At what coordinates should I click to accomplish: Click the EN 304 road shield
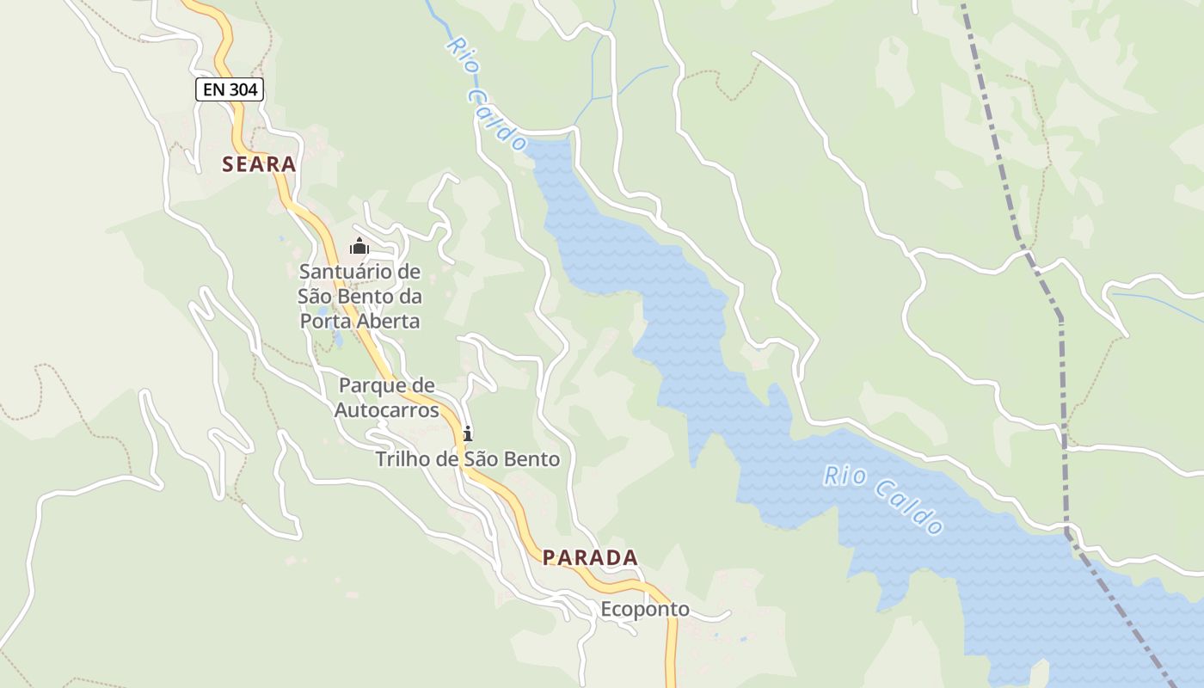point(229,89)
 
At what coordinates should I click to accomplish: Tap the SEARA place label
point(259,164)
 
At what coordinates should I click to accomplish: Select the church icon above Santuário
point(359,247)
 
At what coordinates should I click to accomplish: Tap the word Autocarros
point(386,410)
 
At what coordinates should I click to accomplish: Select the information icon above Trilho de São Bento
point(467,433)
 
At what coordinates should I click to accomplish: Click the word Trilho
point(402,459)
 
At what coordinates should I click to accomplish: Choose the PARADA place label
point(590,557)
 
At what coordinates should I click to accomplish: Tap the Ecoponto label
point(645,610)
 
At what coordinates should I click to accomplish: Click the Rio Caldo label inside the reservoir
point(883,499)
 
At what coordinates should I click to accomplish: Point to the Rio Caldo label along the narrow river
point(487,95)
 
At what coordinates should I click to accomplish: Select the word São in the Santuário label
point(317,297)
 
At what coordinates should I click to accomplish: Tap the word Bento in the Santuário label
point(368,297)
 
